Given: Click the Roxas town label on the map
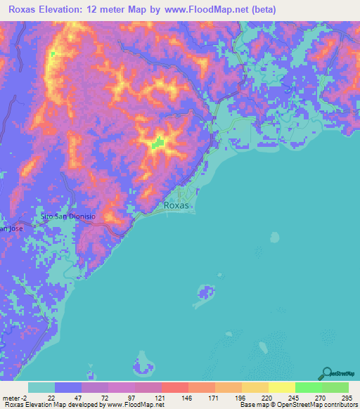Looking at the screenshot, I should (176, 206).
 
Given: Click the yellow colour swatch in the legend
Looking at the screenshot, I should (281, 387).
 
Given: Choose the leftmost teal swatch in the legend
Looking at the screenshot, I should (41, 387).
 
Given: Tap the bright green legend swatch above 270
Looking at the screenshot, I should (308, 387).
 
